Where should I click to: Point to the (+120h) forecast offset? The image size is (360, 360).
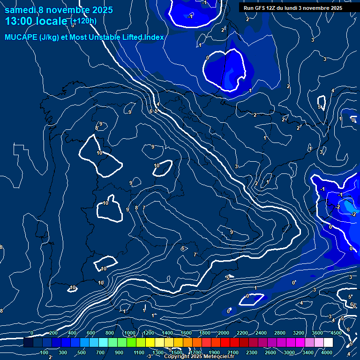[x=83, y=21]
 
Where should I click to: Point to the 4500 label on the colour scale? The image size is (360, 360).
[x=336, y=333]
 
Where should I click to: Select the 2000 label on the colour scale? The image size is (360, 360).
[x=224, y=333]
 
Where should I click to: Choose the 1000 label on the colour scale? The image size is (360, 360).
[x=130, y=333]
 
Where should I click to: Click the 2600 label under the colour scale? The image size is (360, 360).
[x=270, y=352]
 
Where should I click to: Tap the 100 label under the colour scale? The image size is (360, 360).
[x=45, y=352]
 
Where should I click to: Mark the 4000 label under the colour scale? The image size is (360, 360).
[x=327, y=352]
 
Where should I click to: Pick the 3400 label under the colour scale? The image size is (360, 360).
[x=308, y=352]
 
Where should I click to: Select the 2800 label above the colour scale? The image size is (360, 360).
[x=280, y=333]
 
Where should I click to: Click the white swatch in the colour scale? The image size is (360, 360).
[x=328, y=343]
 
